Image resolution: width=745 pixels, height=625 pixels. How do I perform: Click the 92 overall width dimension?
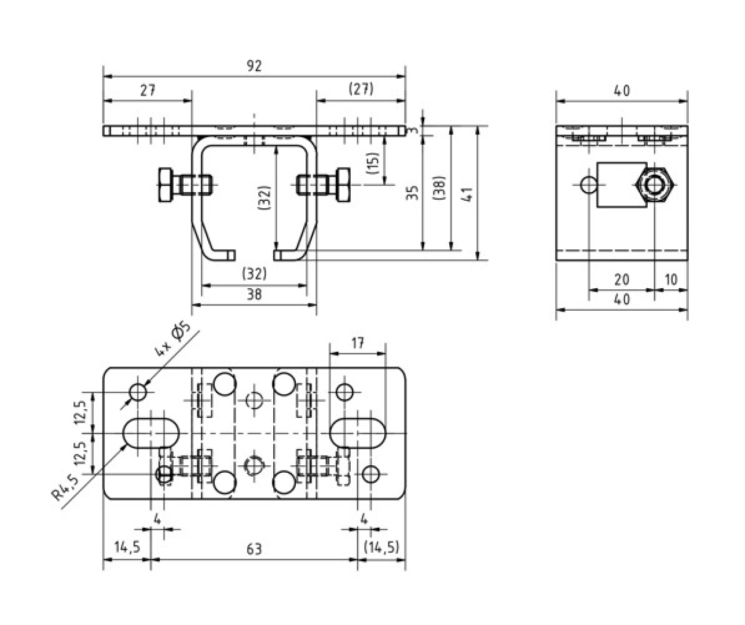(x=254, y=66)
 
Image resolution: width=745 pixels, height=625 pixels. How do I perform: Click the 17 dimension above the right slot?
(x=357, y=343)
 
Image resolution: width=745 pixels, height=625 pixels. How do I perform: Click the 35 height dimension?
(x=412, y=193)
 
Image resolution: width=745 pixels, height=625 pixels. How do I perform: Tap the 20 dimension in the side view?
(x=621, y=280)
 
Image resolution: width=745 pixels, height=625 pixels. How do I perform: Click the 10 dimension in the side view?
(x=670, y=280)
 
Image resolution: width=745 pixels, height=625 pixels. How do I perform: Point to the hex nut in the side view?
(x=655, y=185)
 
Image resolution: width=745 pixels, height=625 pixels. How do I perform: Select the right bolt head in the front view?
(x=342, y=185)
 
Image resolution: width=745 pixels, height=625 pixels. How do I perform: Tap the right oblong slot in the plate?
(x=357, y=432)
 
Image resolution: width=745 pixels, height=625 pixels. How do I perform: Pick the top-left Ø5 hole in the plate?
(x=138, y=392)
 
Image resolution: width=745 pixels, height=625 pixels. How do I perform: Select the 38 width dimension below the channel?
(x=254, y=295)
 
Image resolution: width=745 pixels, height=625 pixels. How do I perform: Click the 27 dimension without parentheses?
(x=147, y=91)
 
